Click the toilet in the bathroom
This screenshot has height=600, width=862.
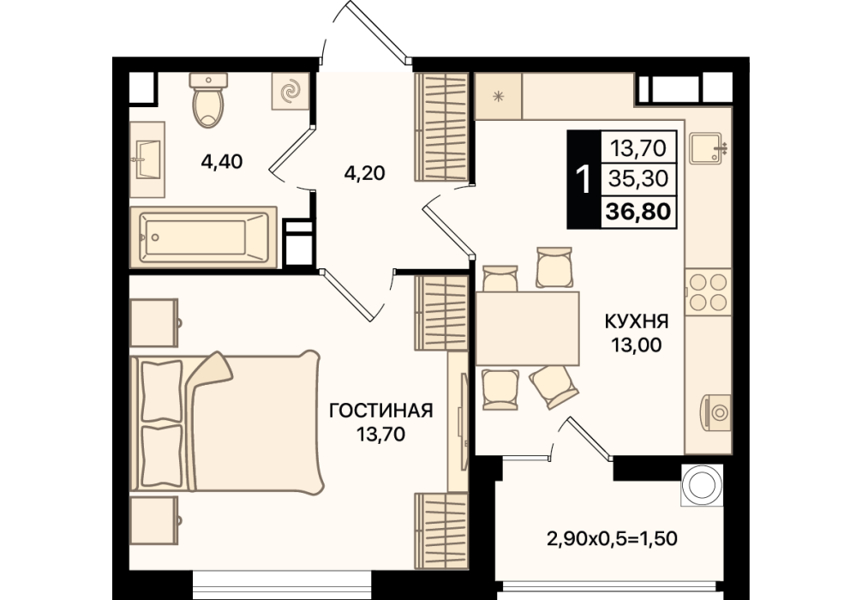click(x=208, y=99)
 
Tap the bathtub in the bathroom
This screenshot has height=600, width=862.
click(x=203, y=237)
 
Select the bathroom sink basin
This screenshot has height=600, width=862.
click(x=147, y=159)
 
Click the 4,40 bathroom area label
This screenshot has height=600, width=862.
click(x=222, y=162)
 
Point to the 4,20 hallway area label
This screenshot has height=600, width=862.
click(x=364, y=173)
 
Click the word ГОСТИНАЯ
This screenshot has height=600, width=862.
click(x=381, y=411)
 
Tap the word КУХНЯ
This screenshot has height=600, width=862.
click(x=637, y=321)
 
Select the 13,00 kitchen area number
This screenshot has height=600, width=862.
click(x=638, y=345)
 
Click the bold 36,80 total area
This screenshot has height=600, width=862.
click(x=638, y=211)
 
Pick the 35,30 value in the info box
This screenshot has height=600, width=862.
click(x=638, y=178)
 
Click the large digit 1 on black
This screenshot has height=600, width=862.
click(x=584, y=179)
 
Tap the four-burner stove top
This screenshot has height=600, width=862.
click(x=708, y=292)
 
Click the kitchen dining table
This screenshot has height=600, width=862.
click(x=527, y=328)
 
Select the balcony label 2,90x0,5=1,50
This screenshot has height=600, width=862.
click(x=612, y=538)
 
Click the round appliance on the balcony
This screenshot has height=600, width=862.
click(x=702, y=484)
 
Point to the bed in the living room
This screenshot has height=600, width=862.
click(x=226, y=423)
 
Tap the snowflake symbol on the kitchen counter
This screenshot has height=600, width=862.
click(x=499, y=97)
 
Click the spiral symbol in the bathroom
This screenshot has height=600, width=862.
click(x=290, y=91)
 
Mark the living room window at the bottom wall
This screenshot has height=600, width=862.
click(x=282, y=585)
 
